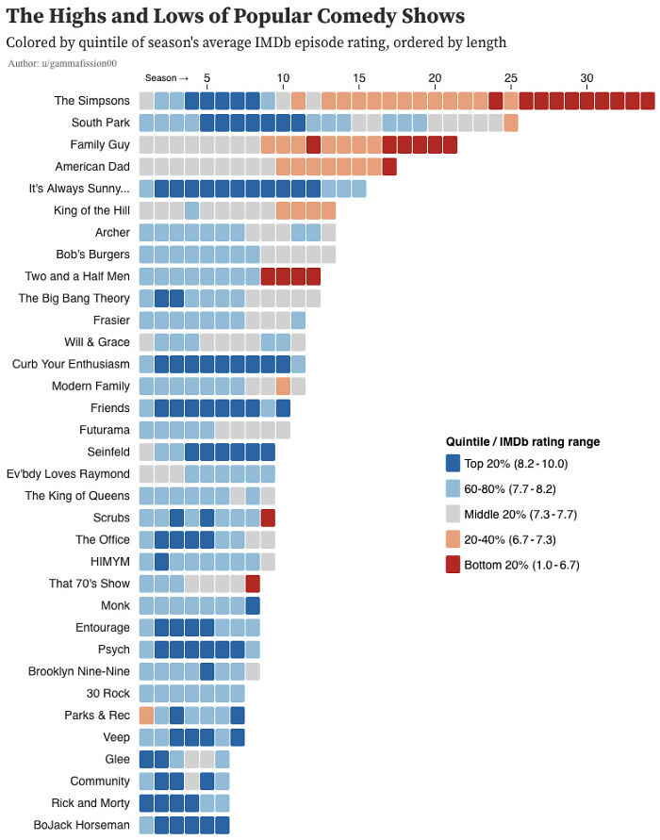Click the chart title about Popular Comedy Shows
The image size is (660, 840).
click(x=236, y=16)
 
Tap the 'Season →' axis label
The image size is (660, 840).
click(x=167, y=77)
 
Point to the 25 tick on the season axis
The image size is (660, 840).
click(x=510, y=77)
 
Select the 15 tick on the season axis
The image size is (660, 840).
click(x=358, y=77)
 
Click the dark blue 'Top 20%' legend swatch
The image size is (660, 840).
click(x=453, y=463)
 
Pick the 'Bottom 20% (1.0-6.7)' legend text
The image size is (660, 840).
click(x=521, y=565)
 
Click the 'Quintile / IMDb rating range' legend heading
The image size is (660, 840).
click(x=522, y=441)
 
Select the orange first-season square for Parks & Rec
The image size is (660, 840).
click(x=146, y=715)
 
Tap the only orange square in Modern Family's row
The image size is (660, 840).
click(x=283, y=386)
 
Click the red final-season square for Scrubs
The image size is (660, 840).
click(x=268, y=517)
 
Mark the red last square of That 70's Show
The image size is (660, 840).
click(x=253, y=583)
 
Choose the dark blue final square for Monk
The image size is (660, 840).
click(x=253, y=605)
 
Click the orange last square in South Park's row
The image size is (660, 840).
click(x=511, y=123)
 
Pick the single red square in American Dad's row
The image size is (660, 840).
click(x=389, y=167)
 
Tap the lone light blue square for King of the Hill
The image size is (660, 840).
click(x=191, y=210)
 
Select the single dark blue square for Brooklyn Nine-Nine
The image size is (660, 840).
click(x=207, y=671)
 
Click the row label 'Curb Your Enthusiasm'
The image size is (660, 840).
click(x=71, y=364)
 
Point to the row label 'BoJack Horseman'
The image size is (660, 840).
click(x=83, y=825)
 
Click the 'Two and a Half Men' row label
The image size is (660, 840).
click(x=77, y=276)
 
